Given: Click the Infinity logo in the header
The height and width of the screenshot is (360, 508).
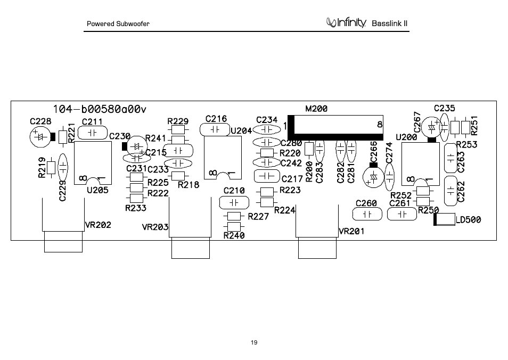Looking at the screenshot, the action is coord(346,22).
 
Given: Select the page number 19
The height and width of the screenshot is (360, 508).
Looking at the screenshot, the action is coord(254,342).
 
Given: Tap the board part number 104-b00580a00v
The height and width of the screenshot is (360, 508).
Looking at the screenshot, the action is coord(100,109).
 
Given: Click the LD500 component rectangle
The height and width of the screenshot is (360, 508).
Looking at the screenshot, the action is coord(445,219).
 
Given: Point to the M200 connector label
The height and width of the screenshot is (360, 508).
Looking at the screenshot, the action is coord(316,109).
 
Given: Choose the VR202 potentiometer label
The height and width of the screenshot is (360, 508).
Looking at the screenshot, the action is coord(98,225).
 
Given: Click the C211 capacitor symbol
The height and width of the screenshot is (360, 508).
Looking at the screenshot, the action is coord(93,133).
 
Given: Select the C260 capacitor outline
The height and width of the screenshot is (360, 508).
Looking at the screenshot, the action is coord(367,214).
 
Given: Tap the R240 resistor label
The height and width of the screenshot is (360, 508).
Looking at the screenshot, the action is coord(234,235).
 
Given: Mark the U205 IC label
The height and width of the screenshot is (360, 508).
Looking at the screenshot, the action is coord(97,190).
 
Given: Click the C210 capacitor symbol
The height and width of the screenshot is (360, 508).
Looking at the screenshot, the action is coord(234,203).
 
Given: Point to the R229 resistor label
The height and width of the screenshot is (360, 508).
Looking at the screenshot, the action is coord(178,121).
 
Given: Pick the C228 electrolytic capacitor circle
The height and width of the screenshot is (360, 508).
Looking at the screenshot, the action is coord(40,137).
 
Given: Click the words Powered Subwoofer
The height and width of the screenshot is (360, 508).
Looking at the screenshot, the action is coord(118,23).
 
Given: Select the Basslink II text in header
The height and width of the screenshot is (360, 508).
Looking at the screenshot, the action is coord(389,23).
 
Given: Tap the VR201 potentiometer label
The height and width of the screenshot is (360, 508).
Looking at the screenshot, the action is coord(351,231).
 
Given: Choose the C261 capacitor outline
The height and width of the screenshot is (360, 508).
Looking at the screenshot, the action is coord(402,214).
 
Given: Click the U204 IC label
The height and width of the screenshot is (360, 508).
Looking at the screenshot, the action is coord(241,130).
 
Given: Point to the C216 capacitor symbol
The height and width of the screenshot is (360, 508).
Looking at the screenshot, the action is coord(215,129).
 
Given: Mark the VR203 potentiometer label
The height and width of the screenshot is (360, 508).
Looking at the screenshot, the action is coord(155,227).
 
